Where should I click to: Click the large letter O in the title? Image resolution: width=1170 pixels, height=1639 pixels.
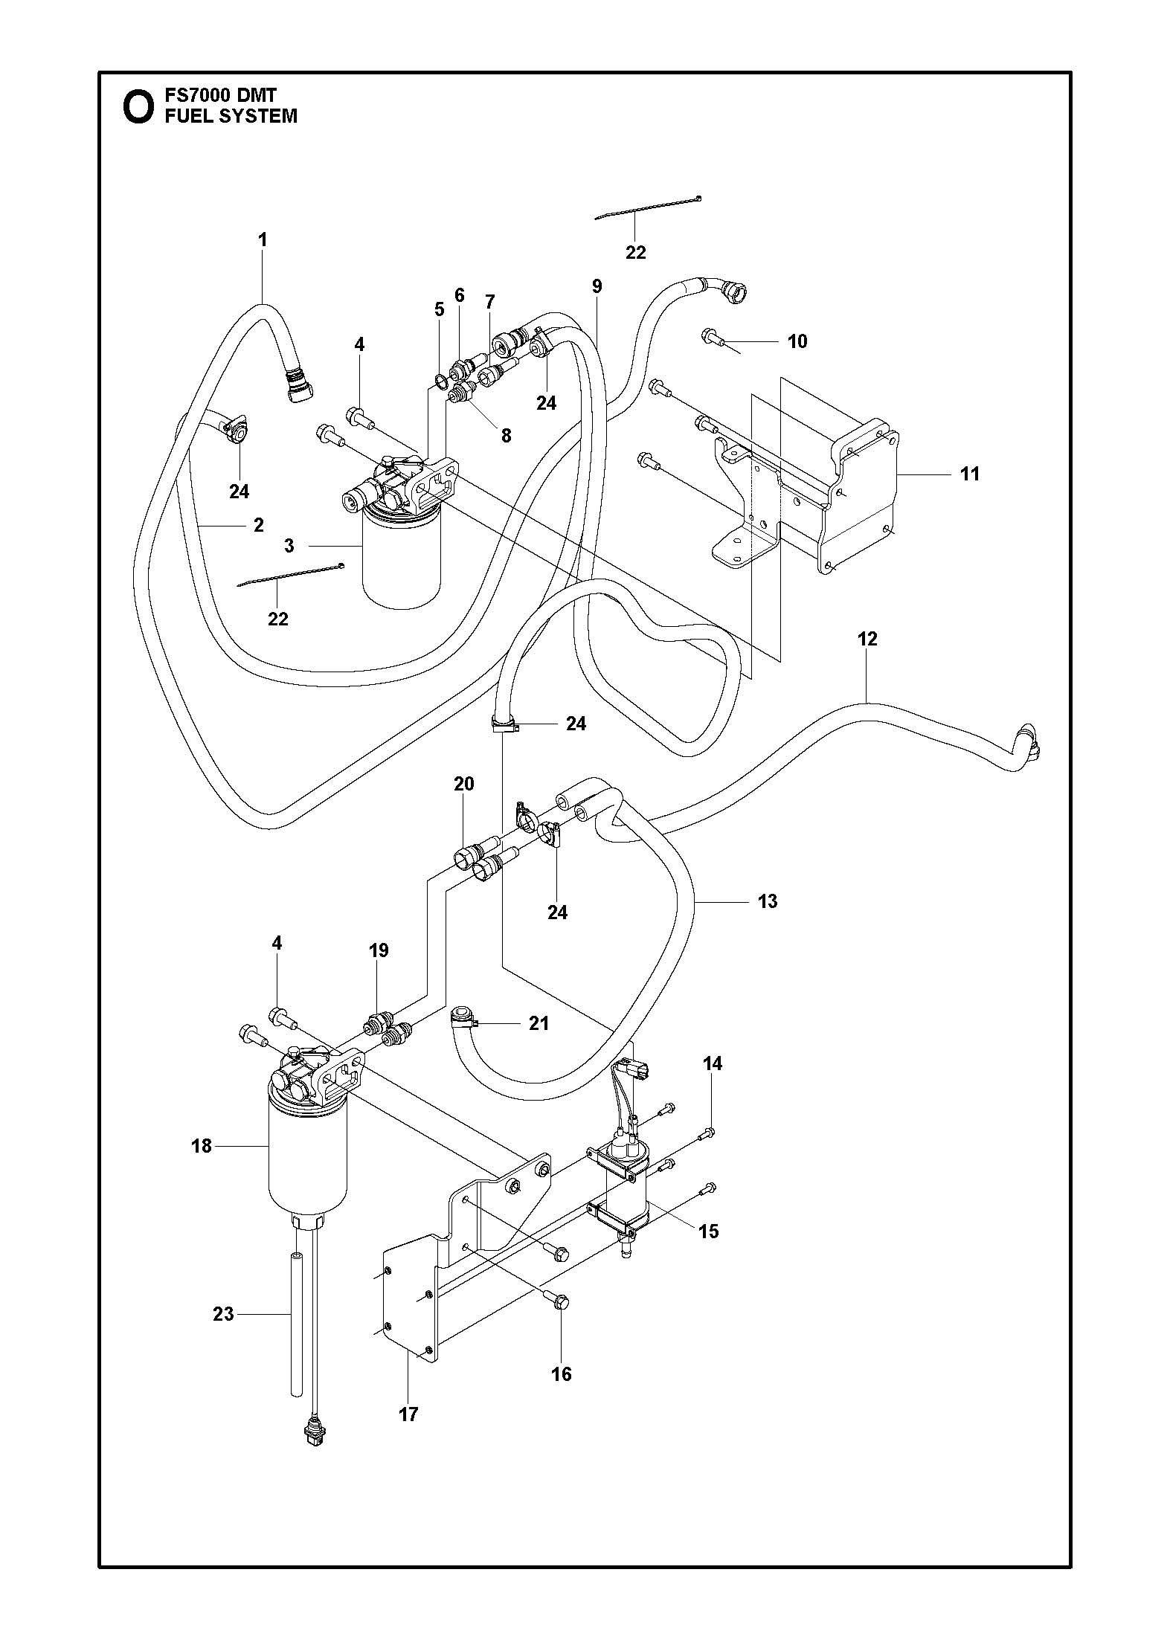click(x=138, y=107)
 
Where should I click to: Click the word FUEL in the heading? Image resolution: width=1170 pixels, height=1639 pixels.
click(x=188, y=116)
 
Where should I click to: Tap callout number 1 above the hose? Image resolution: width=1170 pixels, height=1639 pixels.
click(x=262, y=239)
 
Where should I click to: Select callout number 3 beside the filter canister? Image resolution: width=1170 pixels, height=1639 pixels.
click(x=289, y=546)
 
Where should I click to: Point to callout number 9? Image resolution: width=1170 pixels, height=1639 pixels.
click(x=597, y=286)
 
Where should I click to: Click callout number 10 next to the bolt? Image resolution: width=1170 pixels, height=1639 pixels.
click(x=797, y=341)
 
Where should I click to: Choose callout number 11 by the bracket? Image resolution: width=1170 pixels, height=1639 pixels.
click(x=970, y=474)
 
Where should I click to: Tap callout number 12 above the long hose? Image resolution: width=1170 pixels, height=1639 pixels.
click(x=867, y=639)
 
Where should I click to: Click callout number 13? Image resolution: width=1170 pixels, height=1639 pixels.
click(x=768, y=901)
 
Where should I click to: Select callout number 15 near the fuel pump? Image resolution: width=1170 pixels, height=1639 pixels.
click(x=709, y=1231)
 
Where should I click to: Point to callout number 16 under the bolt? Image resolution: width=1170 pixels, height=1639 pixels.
click(x=562, y=1374)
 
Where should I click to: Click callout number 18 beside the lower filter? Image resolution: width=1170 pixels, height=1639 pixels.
click(x=202, y=1146)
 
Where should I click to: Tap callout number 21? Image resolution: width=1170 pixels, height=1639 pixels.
click(x=539, y=1023)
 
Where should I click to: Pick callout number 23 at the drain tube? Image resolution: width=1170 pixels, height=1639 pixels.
click(x=223, y=1314)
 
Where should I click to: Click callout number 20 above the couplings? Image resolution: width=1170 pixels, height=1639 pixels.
click(x=463, y=784)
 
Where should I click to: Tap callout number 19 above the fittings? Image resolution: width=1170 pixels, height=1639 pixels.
click(x=378, y=950)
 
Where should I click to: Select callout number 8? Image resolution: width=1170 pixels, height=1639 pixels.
click(x=506, y=436)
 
